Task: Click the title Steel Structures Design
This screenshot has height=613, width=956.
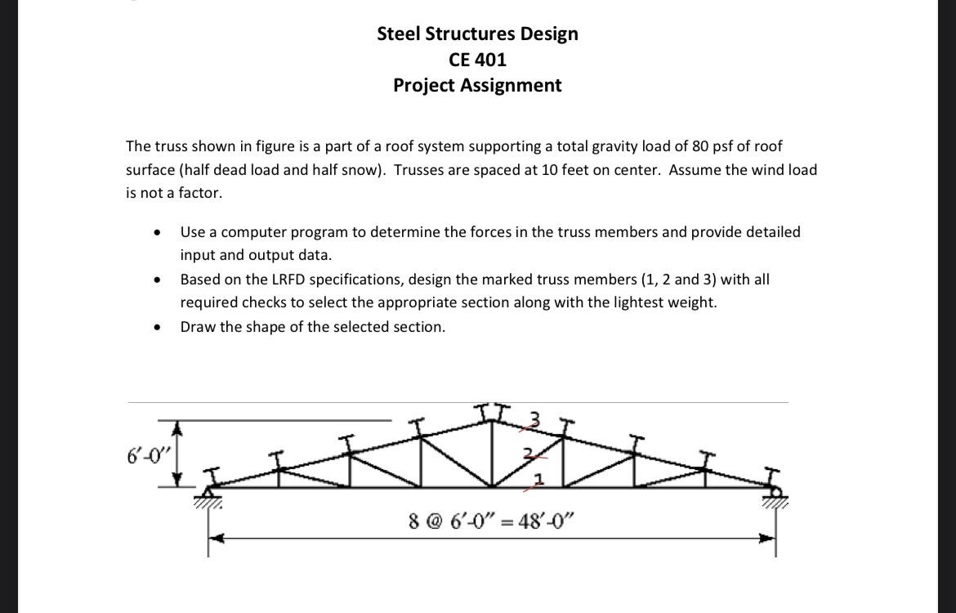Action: (x=477, y=34)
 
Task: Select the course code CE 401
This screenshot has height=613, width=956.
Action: (x=477, y=59)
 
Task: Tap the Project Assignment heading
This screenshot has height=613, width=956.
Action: (x=477, y=85)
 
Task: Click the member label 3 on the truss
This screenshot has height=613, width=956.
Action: (x=536, y=418)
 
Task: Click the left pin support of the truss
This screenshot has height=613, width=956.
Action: (x=208, y=494)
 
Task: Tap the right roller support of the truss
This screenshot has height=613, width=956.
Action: (x=774, y=493)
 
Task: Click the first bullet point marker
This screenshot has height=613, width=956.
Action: (x=156, y=233)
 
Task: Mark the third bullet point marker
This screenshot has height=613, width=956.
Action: (x=156, y=328)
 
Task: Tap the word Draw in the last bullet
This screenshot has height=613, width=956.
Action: (x=198, y=327)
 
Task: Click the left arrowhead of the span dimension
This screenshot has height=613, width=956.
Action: (x=215, y=538)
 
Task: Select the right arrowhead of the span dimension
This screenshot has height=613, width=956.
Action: (x=768, y=538)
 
